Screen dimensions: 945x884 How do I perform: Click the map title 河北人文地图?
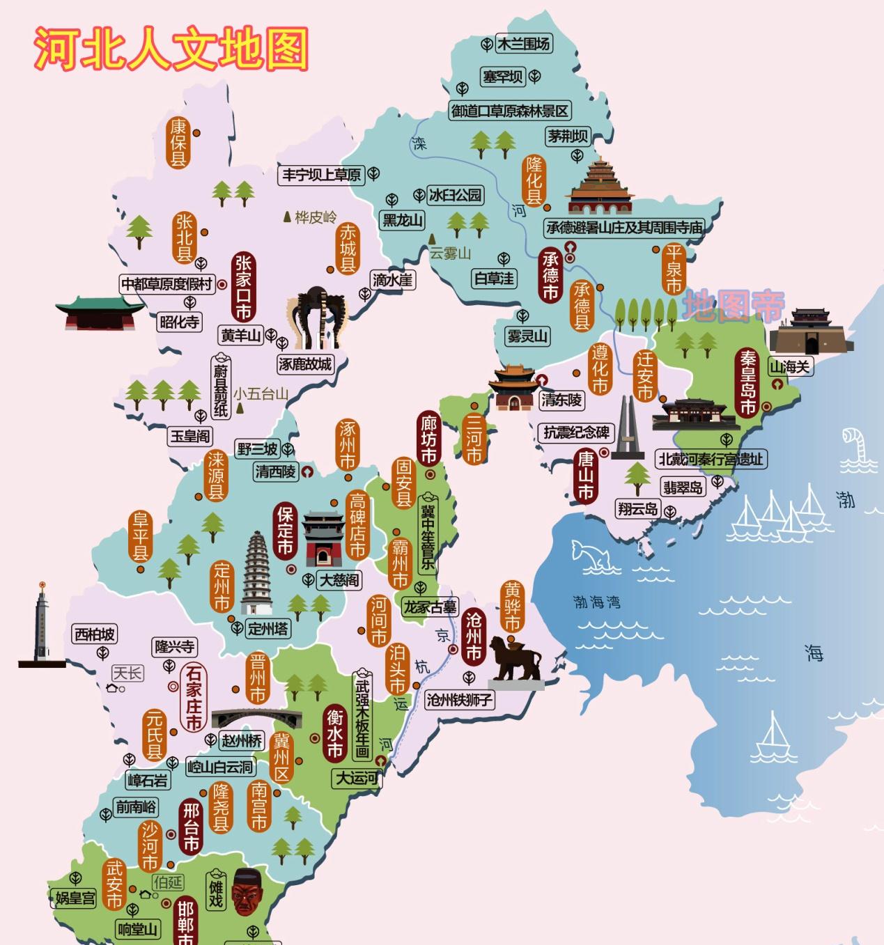pyautogui.click(x=171, y=49)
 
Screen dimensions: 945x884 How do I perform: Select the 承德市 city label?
pyautogui.click(x=550, y=275)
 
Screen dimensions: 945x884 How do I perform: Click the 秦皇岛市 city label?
pyautogui.click(x=747, y=382)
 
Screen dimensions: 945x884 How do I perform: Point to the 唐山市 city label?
pyautogui.click(x=585, y=476)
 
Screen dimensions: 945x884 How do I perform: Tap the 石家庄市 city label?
pyautogui.click(x=193, y=697)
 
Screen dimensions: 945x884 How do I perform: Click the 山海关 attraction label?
pyautogui.click(x=789, y=366)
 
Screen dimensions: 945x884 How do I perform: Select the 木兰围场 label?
pyautogui.click(x=523, y=44)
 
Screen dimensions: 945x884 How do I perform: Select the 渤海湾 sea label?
pyautogui.click(x=596, y=602)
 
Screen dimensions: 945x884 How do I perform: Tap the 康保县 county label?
pyautogui.click(x=178, y=143)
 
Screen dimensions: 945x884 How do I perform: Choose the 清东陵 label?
pyautogui.click(x=561, y=400)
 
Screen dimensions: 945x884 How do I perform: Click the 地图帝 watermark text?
pyautogui.click(x=733, y=306)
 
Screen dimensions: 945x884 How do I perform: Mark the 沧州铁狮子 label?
pyautogui.click(x=460, y=700)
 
